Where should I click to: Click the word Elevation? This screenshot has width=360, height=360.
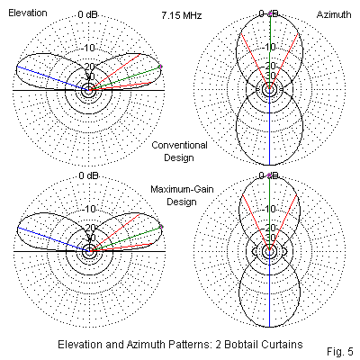(x=28, y=13)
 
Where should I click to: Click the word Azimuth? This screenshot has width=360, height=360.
(x=334, y=14)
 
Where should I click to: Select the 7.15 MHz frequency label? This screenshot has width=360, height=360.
(x=182, y=15)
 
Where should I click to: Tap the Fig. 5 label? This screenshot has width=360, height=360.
(x=340, y=351)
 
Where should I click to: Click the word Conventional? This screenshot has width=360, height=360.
(x=179, y=145)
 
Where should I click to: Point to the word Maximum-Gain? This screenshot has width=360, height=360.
(x=182, y=189)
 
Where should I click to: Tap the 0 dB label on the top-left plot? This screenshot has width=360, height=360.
(x=87, y=14)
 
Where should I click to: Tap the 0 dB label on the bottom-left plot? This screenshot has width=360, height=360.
(x=88, y=175)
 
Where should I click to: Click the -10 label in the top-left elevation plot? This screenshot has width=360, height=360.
(x=88, y=48)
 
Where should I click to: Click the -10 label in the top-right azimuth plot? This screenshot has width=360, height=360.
(x=269, y=47)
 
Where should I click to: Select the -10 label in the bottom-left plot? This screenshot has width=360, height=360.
(x=89, y=209)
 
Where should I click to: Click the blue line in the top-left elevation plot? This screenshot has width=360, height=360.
(x=53, y=78)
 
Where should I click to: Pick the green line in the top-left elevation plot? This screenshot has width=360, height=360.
(x=125, y=78)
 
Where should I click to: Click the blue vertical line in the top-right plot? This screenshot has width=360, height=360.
(x=269, y=127)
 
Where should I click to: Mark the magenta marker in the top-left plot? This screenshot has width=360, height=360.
(x=160, y=67)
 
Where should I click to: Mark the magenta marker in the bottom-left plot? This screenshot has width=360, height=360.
(x=161, y=227)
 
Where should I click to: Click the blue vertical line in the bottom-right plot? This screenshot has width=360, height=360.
(x=269, y=289)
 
